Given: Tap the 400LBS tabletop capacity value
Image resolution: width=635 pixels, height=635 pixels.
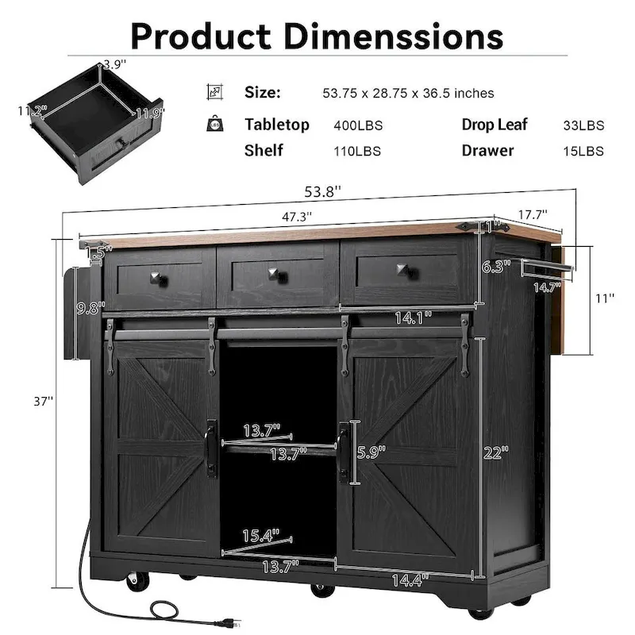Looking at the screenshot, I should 356,125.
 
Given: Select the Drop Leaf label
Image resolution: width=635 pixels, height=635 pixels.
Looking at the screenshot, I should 495,125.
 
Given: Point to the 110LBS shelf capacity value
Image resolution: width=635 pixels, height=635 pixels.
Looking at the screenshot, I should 356,151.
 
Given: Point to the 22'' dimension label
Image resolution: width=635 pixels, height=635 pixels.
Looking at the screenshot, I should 496,452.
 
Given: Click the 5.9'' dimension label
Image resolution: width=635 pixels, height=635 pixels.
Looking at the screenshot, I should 371,452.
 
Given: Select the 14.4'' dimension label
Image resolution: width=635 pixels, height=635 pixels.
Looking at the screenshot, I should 408,579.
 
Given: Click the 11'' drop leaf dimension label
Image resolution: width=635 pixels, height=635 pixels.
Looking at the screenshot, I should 606,298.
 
